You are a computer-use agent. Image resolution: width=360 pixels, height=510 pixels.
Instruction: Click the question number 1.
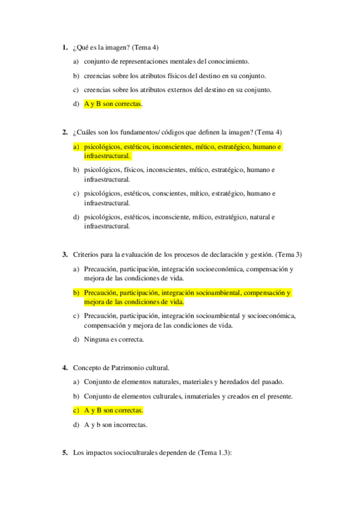tap(64, 48)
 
